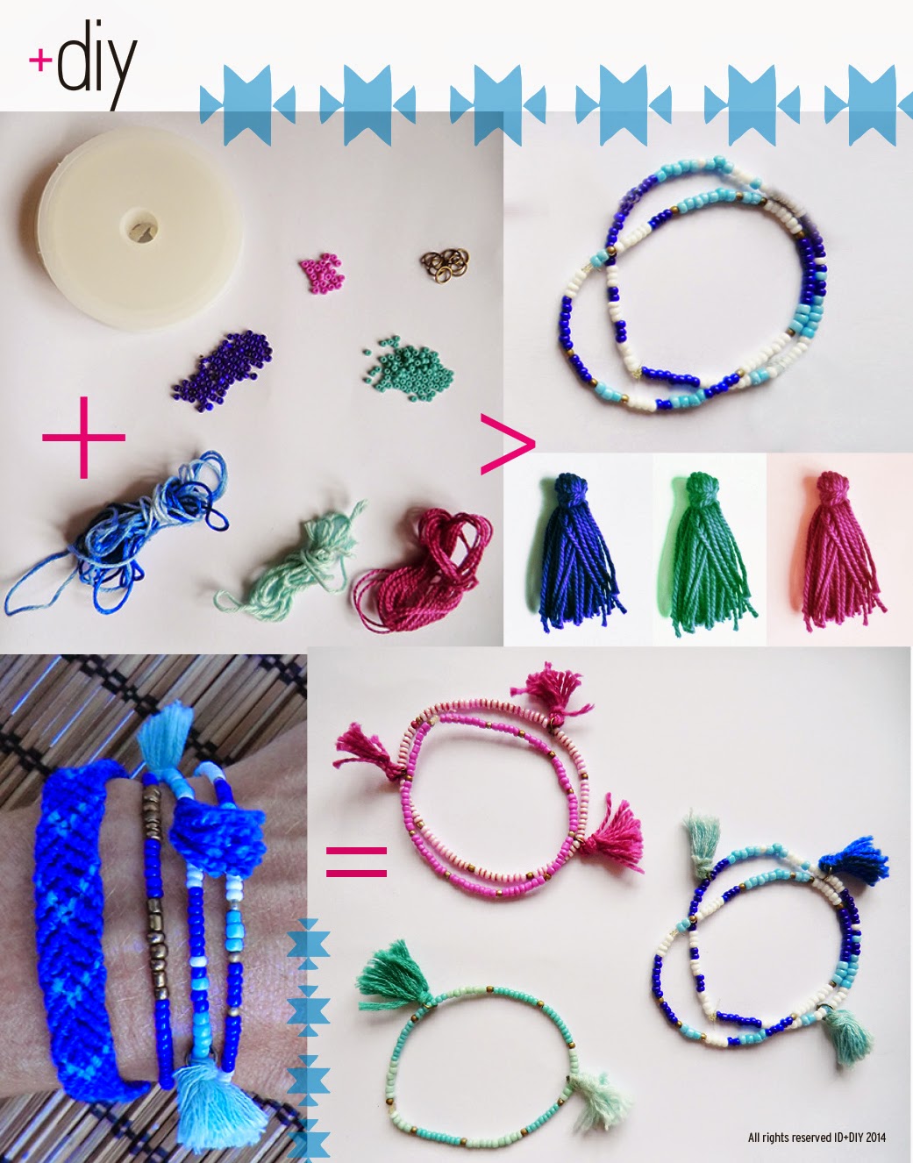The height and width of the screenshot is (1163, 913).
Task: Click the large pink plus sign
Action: click(x=83, y=437)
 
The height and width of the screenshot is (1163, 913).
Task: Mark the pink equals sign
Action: click(x=356, y=861)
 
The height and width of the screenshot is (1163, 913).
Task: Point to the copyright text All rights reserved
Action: click(x=817, y=1138)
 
